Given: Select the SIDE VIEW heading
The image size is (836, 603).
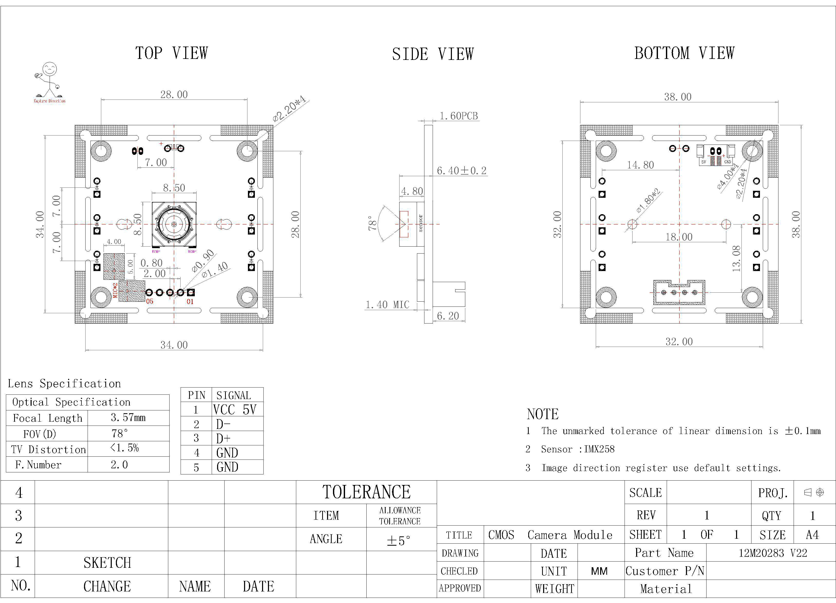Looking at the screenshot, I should click(433, 54).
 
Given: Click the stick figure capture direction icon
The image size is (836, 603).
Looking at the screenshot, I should click(49, 81).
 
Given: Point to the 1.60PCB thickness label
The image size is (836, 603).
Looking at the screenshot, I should click(459, 116).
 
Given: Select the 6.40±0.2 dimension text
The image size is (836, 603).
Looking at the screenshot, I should click(461, 171).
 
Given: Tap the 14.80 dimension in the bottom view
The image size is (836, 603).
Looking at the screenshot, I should click(640, 165).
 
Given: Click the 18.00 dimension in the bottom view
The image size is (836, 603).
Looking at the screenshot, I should click(679, 237).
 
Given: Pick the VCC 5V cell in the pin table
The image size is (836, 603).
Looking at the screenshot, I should click(234, 410).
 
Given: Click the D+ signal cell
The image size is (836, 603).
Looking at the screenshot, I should click(223, 438).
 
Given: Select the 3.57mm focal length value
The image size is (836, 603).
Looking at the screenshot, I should click(128, 418).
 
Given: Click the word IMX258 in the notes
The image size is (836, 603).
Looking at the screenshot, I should click(599, 449).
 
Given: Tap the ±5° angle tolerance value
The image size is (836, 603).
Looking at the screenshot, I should click(398, 541).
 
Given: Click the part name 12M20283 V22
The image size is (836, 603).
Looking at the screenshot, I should click(773, 553).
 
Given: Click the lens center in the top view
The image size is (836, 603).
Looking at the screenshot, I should click(174, 224).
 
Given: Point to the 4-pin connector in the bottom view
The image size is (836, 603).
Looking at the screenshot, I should click(679, 292).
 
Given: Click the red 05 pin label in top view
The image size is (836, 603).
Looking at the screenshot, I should click(150, 301).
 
